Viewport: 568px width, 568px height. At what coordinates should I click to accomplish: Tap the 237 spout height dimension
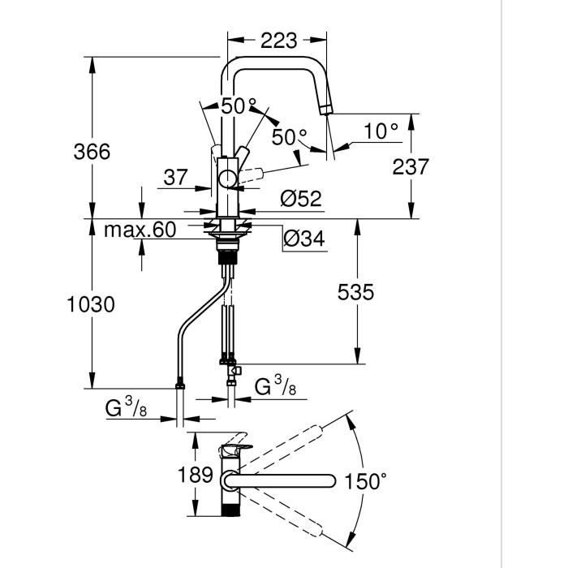click(x=411, y=166)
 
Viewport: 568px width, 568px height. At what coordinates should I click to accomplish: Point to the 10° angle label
click(x=380, y=130)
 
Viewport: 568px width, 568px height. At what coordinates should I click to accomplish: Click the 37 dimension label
click(x=175, y=178)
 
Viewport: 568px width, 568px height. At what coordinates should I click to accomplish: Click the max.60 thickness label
click(x=140, y=230)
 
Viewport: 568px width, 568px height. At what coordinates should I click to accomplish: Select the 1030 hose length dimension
click(x=91, y=304)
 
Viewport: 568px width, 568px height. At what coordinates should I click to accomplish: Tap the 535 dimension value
click(x=355, y=292)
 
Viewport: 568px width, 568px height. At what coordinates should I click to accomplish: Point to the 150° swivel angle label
click(x=364, y=481)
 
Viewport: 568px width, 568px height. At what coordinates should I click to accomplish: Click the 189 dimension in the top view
click(x=196, y=475)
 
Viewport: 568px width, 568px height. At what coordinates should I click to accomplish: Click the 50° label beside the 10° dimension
click(x=289, y=137)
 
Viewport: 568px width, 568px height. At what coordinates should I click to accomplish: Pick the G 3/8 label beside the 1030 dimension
click(x=126, y=408)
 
